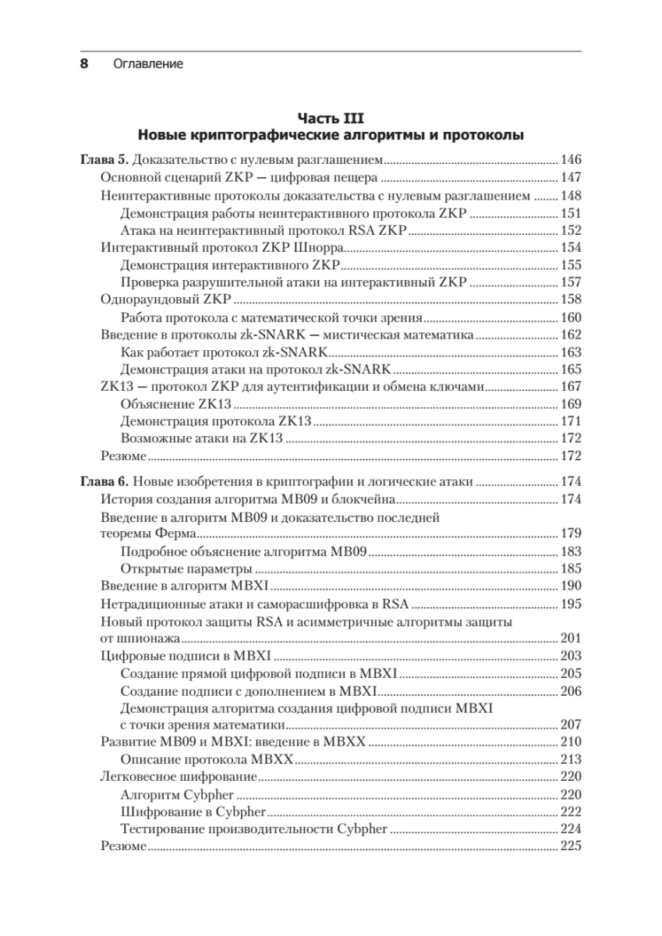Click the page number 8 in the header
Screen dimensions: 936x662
(x=84, y=64)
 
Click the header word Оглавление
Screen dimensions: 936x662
(x=147, y=64)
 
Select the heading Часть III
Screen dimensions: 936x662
(x=330, y=118)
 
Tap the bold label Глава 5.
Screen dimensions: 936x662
(x=104, y=160)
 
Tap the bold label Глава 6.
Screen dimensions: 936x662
(x=104, y=481)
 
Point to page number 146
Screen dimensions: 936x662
(x=571, y=160)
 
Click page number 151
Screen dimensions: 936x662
(x=571, y=213)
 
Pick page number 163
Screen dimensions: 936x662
(x=571, y=352)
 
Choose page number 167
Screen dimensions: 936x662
(x=571, y=386)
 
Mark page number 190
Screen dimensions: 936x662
(x=571, y=586)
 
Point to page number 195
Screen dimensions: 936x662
(x=571, y=604)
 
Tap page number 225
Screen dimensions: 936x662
(x=571, y=846)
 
